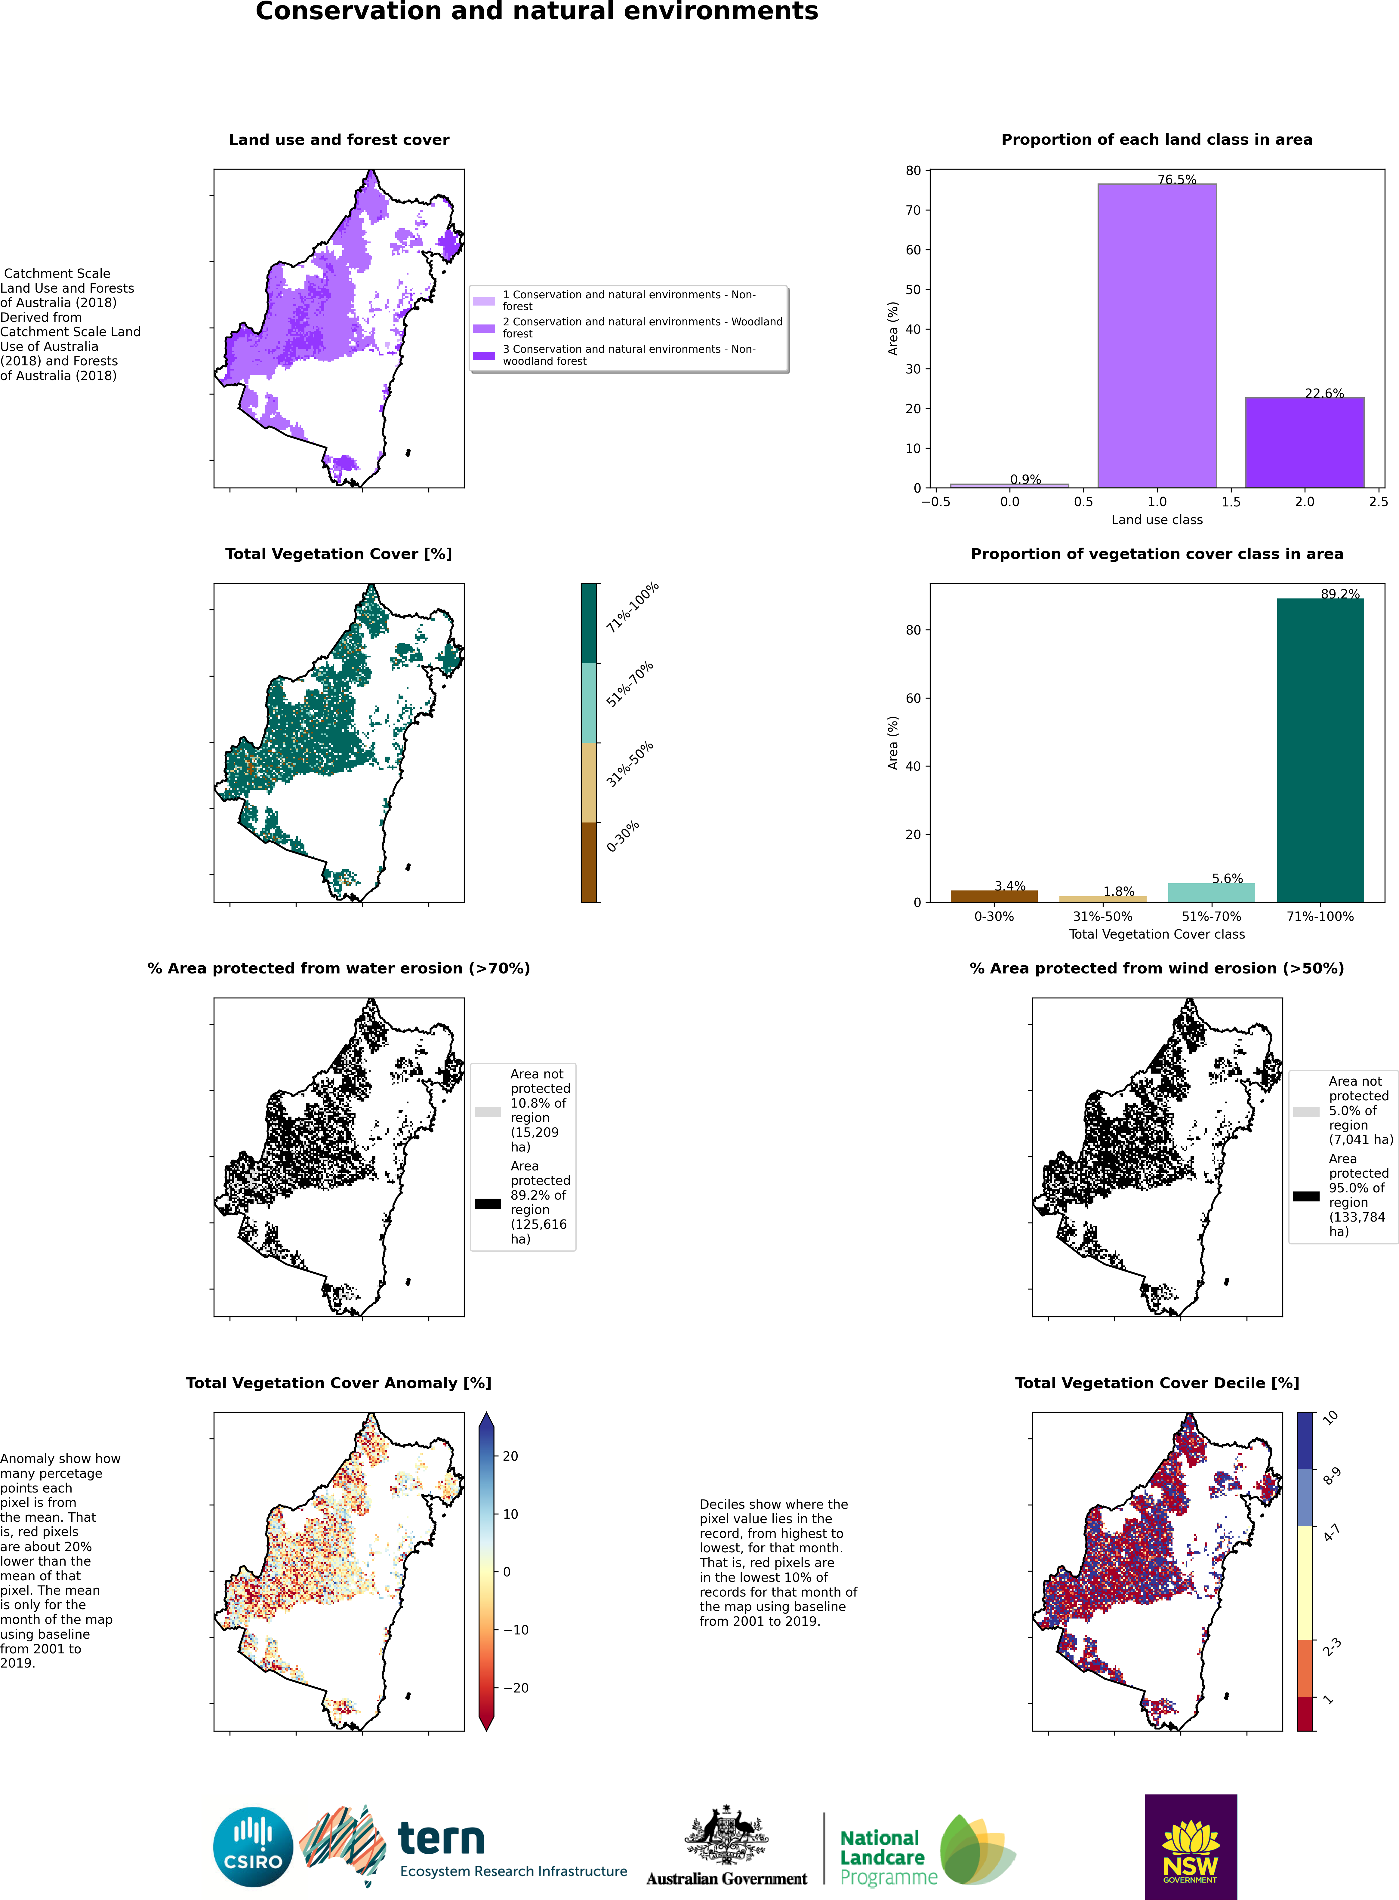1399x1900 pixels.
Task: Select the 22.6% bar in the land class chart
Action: point(1304,443)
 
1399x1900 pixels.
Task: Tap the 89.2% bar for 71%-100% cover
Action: point(1320,750)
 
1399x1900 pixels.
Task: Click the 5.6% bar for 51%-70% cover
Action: point(1211,893)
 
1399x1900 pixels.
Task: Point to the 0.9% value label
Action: point(1025,479)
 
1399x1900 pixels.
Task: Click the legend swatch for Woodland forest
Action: point(484,328)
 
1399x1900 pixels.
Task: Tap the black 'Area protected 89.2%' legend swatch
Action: point(488,1203)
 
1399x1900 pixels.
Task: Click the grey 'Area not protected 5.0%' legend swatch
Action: point(1306,1112)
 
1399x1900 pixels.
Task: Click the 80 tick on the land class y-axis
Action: point(913,170)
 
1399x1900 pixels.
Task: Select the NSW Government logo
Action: point(1191,1847)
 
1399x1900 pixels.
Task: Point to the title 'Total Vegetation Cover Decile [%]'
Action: point(1157,1383)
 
